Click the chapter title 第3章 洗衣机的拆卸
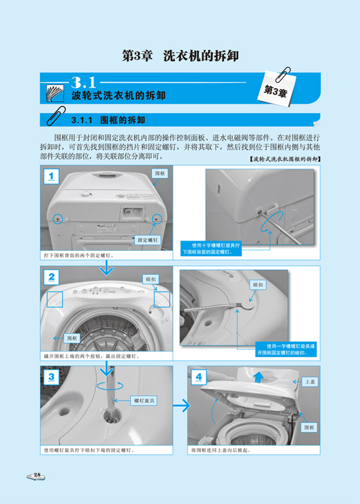[x=181, y=56]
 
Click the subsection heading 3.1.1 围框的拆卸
[x=109, y=120]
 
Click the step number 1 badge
[x=51, y=176]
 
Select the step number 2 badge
[x=51, y=277]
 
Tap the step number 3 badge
[x=51, y=377]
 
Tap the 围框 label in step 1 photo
[x=160, y=173]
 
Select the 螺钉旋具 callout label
[x=144, y=401]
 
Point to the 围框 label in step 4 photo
[x=309, y=427]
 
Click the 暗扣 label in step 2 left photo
[x=151, y=279]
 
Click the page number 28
[x=37, y=475]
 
